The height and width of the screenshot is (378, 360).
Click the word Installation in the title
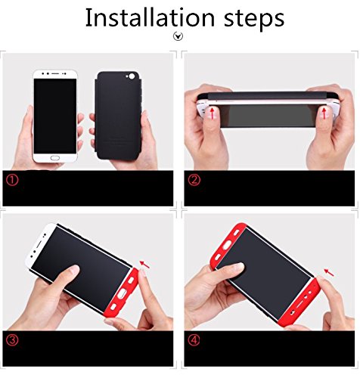pyautogui.click(x=150, y=17)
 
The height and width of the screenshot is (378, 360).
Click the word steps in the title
pyautogui.click(x=254, y=19)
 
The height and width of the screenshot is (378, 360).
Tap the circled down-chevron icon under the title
pyautogui.click(x=178, y=36)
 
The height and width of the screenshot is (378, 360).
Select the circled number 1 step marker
pyautogui.click(x=12, y=180)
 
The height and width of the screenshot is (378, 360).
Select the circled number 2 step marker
pyautogui.click(x=194, y=180)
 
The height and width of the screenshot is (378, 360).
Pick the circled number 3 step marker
pyautogui.click(x=12, y=340)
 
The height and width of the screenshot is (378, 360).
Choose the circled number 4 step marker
pyautogui.click(x=194, y=340)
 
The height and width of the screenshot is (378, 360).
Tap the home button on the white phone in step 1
pyautogui.click(x=55, y=158)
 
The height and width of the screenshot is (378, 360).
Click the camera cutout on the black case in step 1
pyautogui.click(x=132, y=76)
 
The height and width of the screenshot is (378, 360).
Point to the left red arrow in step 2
pyautogui.click(x=213, y=113)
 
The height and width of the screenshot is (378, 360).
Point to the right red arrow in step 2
pyautogui.click(x=324, y=113)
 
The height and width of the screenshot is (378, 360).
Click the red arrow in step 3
pyautogui.click(x=144, y=265)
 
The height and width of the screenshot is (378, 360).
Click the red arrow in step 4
pyautogui.click(x=329, y=272)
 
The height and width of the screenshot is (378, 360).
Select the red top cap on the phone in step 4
pyautogui.click(x=227, y=244)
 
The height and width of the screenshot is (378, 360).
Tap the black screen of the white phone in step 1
pyautogui.click(x=55, y=116)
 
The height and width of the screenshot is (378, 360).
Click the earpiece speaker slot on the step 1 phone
pyautogui.click(x=55, y=73)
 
